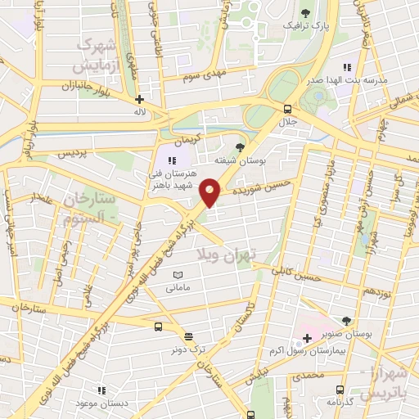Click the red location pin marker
[210, 194]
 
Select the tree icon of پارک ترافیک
[306, 12]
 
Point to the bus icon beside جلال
[287, 108]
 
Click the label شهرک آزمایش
[96, 53]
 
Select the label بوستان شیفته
[237, 160]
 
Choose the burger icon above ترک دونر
[189, 336]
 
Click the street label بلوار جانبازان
[87, 85]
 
